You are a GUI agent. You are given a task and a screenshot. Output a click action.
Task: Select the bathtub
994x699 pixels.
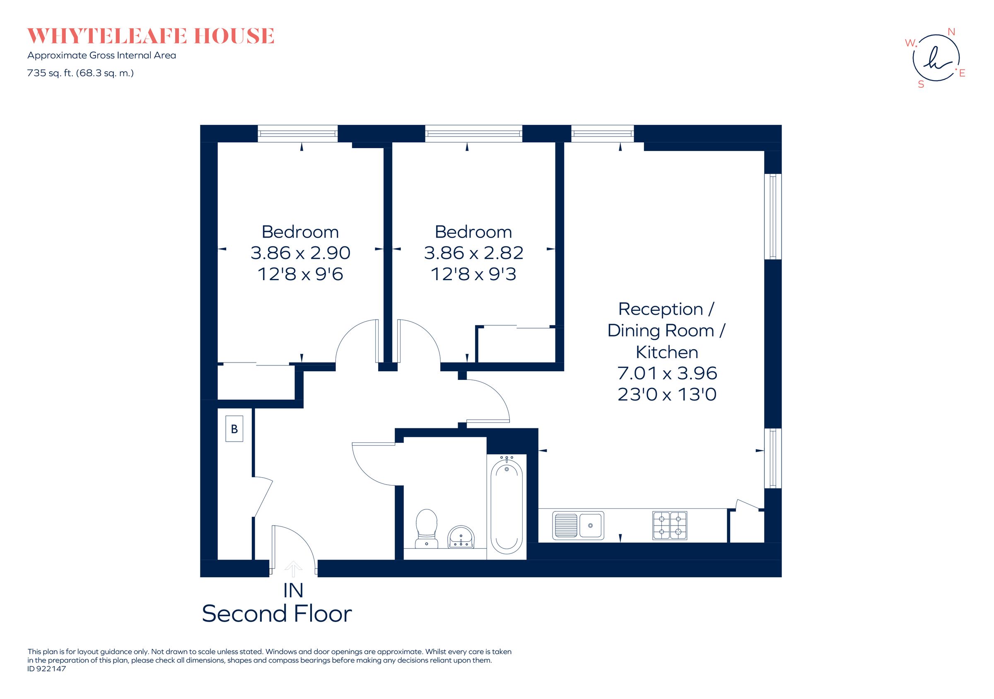tap(507, 507)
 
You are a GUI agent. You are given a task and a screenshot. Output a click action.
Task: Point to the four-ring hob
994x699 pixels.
tap(669, 525)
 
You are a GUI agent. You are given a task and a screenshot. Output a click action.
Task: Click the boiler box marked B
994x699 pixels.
tap(234, 429)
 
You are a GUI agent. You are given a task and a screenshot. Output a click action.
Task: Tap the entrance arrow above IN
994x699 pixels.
tap(294, 568)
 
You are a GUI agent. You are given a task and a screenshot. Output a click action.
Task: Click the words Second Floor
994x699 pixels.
tap(277, 614)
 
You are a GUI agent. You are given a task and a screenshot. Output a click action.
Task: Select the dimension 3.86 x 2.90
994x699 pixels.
tap(300, 253)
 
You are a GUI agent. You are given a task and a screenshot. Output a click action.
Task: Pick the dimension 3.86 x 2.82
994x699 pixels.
tap(473, 253)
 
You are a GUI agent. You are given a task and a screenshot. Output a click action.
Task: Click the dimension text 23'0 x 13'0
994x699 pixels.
tap(667, 394)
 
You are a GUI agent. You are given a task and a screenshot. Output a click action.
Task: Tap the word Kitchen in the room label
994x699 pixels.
tap(667, 352)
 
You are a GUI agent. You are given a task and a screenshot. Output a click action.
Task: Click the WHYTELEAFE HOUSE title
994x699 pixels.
tap(151, 36)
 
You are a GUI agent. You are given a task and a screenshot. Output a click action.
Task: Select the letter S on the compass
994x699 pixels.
tap(921, 85)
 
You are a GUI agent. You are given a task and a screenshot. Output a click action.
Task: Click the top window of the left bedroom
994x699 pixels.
tap(297, 134)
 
